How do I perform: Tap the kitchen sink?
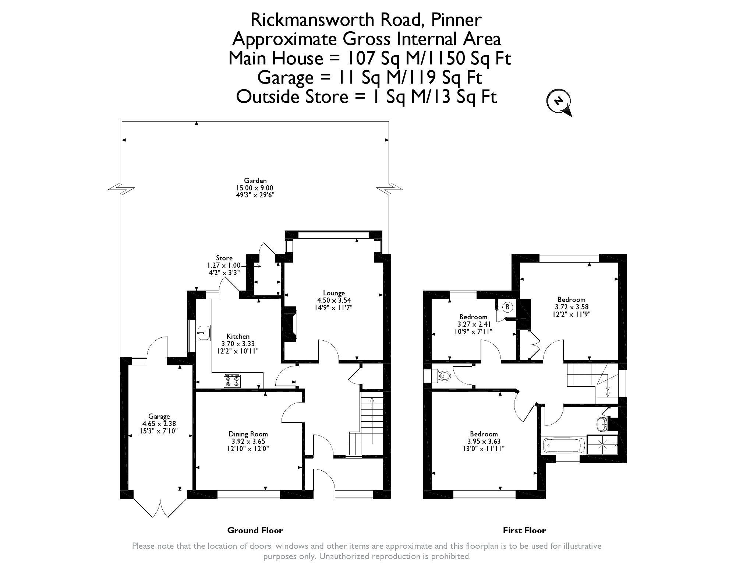click(203, 333)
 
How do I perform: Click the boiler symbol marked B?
click(507, 306)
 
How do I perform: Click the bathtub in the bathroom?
click(563, 445)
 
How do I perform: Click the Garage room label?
click(159, 417)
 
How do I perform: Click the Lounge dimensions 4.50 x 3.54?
click(334, 300)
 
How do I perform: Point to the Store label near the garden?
click(224, 258)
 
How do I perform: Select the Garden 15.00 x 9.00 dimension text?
click(255, 188)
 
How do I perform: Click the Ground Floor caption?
click(255, 530)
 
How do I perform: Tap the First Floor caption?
click(524, 530)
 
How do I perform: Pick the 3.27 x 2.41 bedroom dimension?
click(473, 324)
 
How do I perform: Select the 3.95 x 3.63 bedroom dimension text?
click(484, 441)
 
